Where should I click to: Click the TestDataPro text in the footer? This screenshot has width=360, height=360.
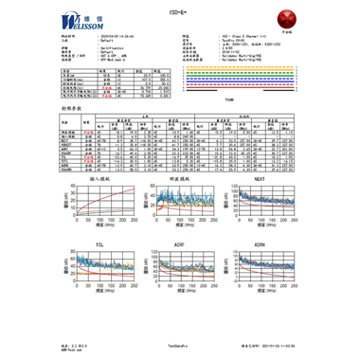pos(181,347)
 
